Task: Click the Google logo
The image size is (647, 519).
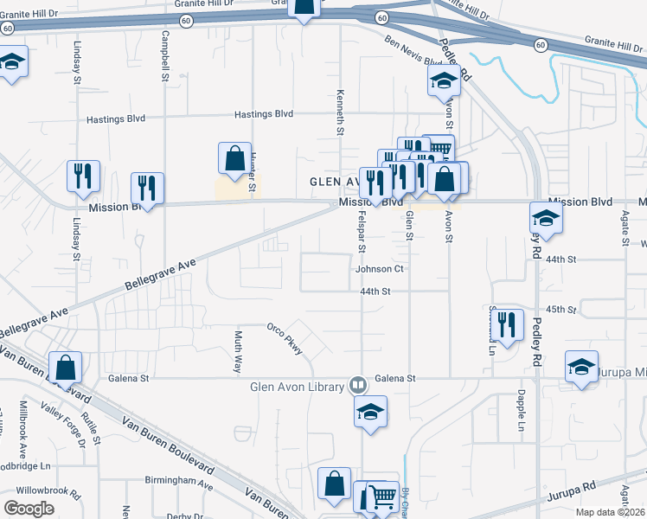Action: (29, 508)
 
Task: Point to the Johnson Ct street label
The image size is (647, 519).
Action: (380, 269)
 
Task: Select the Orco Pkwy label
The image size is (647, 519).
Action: (285, 338)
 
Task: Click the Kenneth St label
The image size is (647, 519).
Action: (341, 112)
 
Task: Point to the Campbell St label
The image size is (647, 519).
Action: (164, 57)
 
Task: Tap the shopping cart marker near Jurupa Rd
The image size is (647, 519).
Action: (382, 497)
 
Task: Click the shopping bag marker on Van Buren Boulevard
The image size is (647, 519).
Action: (66, 367)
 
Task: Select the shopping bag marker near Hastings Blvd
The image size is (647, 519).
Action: (234, 157)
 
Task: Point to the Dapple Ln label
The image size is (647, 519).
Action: (522, 414)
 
